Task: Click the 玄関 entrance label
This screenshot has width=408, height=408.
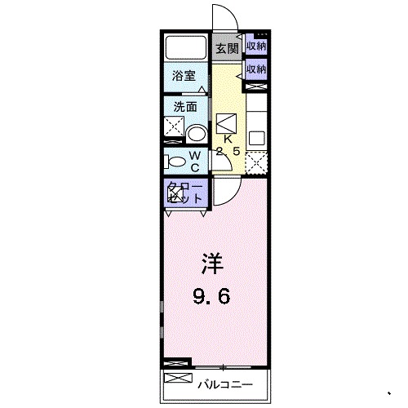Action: coord(227,48)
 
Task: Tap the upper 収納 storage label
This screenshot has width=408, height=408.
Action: coord(256,47)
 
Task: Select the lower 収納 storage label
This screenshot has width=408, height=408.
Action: coord(256,70)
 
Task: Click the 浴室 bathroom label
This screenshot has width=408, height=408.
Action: coord(184,76)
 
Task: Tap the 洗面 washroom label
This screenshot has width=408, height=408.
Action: coord(184,106)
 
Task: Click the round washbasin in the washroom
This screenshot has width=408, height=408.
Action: coord(196,134)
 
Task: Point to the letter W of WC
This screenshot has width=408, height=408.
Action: coord(195,153)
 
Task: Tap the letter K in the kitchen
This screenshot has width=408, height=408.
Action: coord(228,139)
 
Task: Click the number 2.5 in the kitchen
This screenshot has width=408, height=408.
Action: coord(228,151)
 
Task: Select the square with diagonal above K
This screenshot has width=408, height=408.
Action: coord(228,122)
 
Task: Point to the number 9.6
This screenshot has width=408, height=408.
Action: coord(212,296)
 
